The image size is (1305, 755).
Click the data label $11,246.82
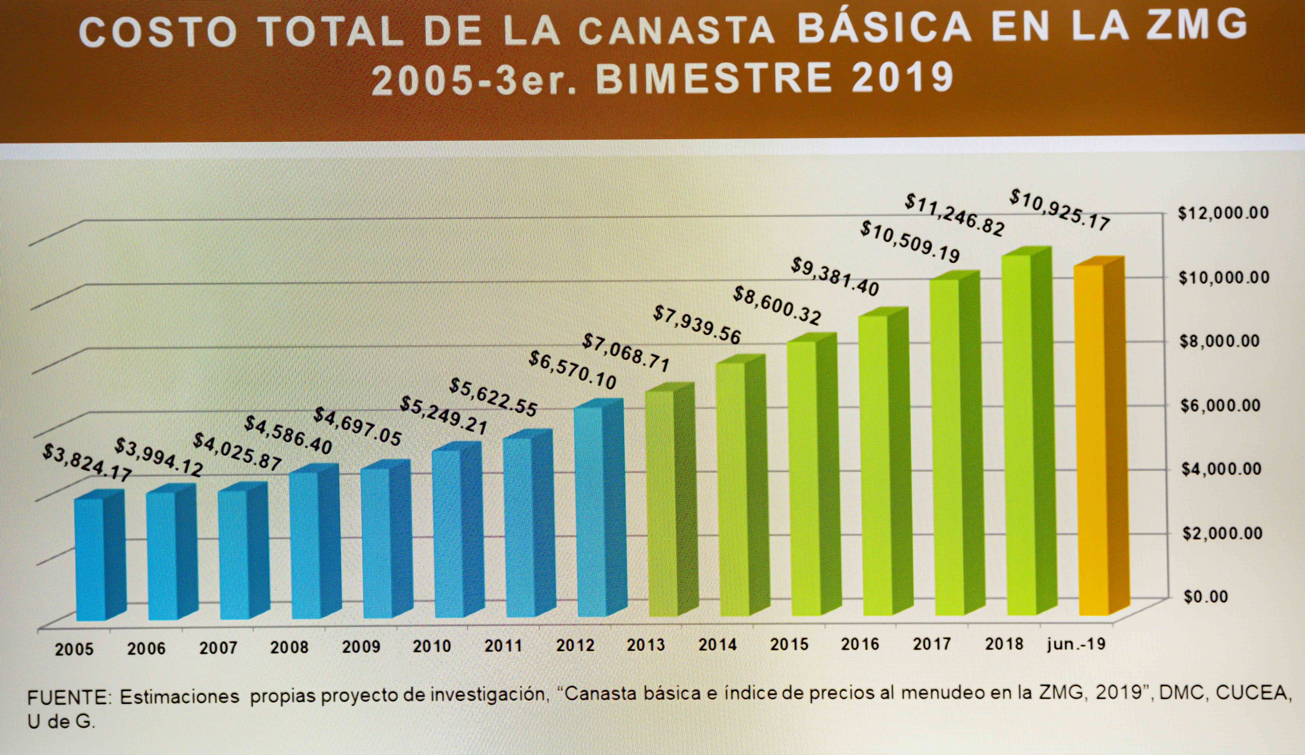point(954,214)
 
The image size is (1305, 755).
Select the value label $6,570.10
point(572,370)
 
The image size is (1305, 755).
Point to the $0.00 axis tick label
point(1206,596)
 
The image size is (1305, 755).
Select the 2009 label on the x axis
point(361,647)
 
